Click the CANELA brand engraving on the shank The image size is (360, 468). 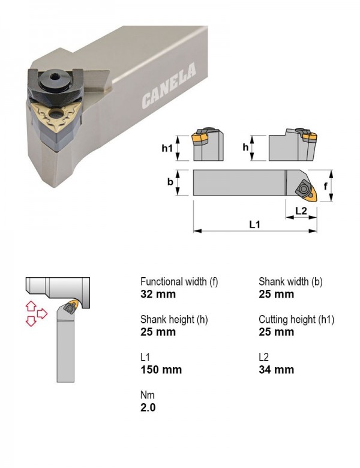[169, 85]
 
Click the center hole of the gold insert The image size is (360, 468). [55, 114]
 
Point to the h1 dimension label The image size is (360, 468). [167, 148]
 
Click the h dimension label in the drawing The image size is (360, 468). [245, 147]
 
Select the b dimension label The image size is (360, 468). [170, 182]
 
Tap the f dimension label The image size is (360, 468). [325, 186]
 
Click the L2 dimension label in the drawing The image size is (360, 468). [301, 211]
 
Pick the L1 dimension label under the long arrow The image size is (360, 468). [254, 224]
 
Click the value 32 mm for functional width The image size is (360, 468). [158, 294]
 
